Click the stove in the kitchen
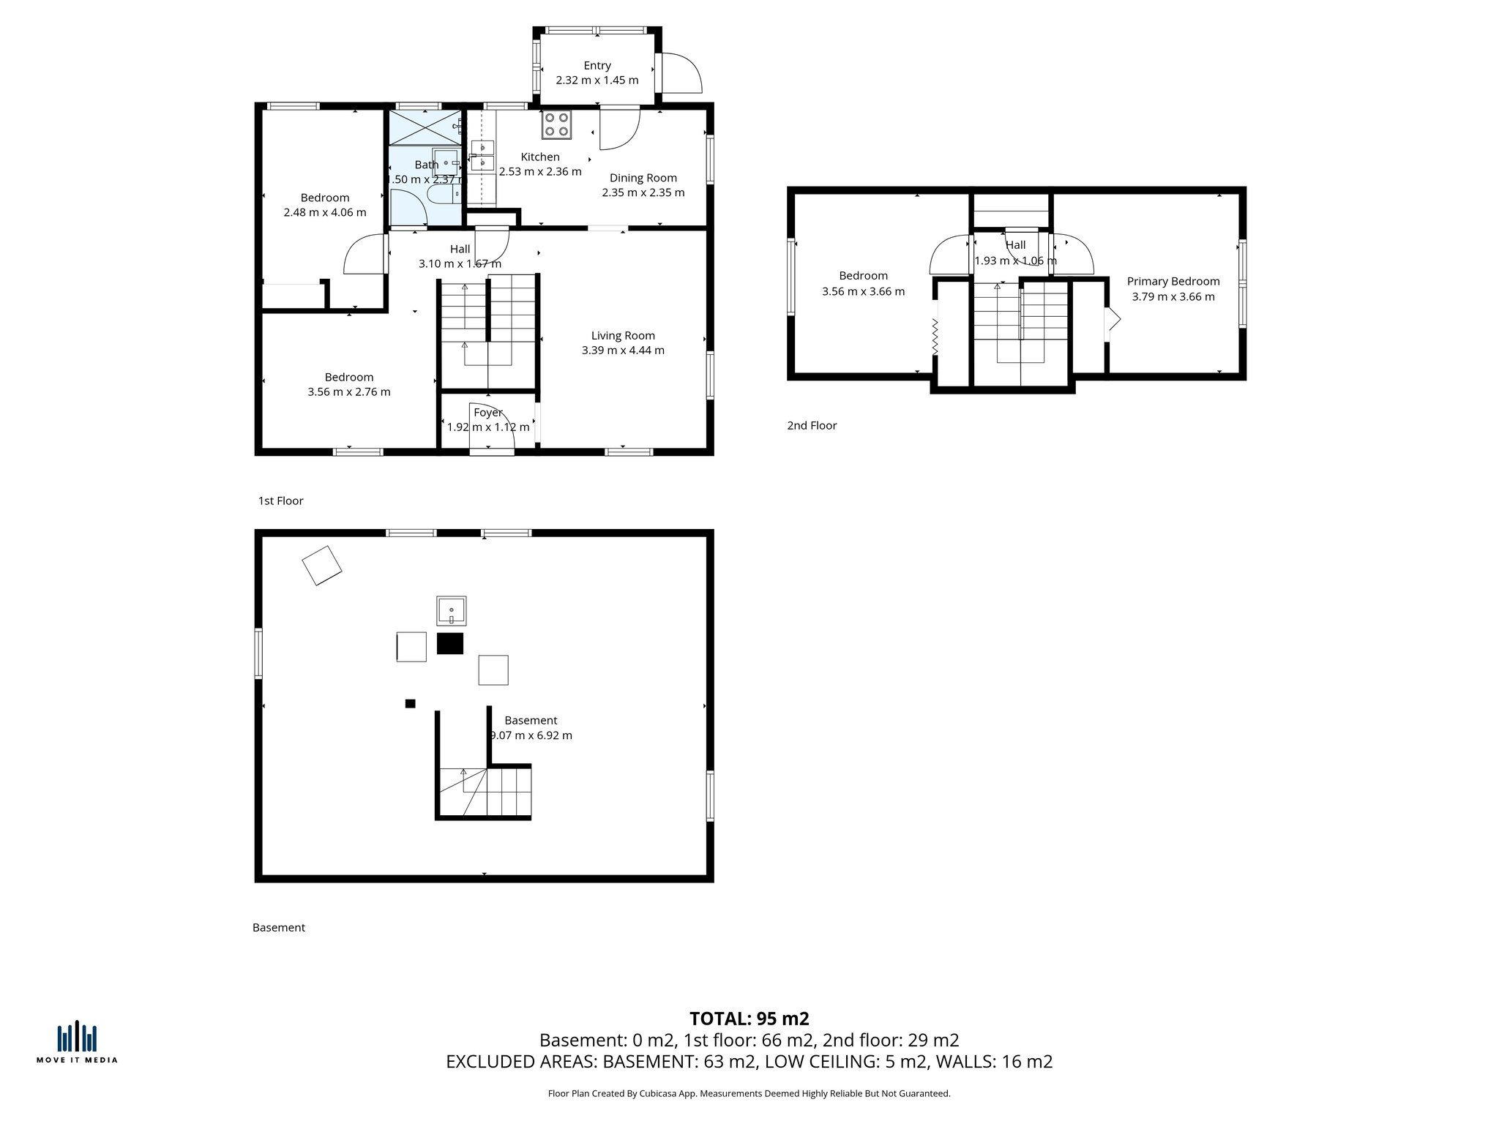point(556,124)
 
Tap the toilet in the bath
point(442,194)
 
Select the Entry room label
point(597,65)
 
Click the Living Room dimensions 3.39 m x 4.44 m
point(623,351)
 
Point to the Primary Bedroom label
point(1173,281)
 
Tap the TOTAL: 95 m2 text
point(749,1018)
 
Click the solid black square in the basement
point(450,643)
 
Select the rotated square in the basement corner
point(322,566)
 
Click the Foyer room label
point(487,413)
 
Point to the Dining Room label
point(643,178)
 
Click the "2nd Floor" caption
point(811,425)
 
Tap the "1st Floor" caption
point(280,501)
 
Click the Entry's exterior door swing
point(681,73)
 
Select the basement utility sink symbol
point(452,610)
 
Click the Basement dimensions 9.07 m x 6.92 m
point(531,735)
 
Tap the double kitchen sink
point(482,156)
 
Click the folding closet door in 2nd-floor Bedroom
point(935,337)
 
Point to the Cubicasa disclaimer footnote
point(749,1094)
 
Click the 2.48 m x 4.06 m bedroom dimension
point(325,213)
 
